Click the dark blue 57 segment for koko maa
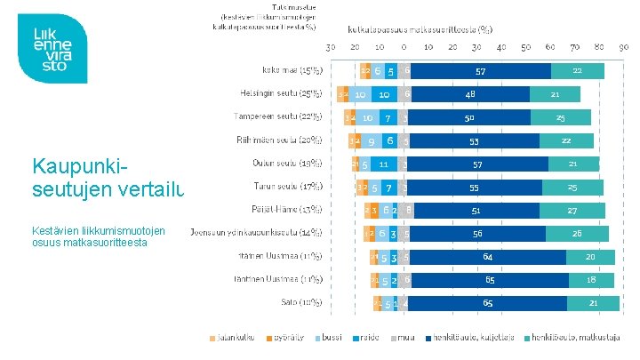click(480, 70)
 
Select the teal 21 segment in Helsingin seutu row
click(555, 93)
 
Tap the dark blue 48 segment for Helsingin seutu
click(470, 93)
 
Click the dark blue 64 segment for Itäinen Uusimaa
click(488, 257)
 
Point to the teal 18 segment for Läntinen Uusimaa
click(592, 280)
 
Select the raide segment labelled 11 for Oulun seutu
click(383, 164)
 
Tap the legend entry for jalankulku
click(232, 339)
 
